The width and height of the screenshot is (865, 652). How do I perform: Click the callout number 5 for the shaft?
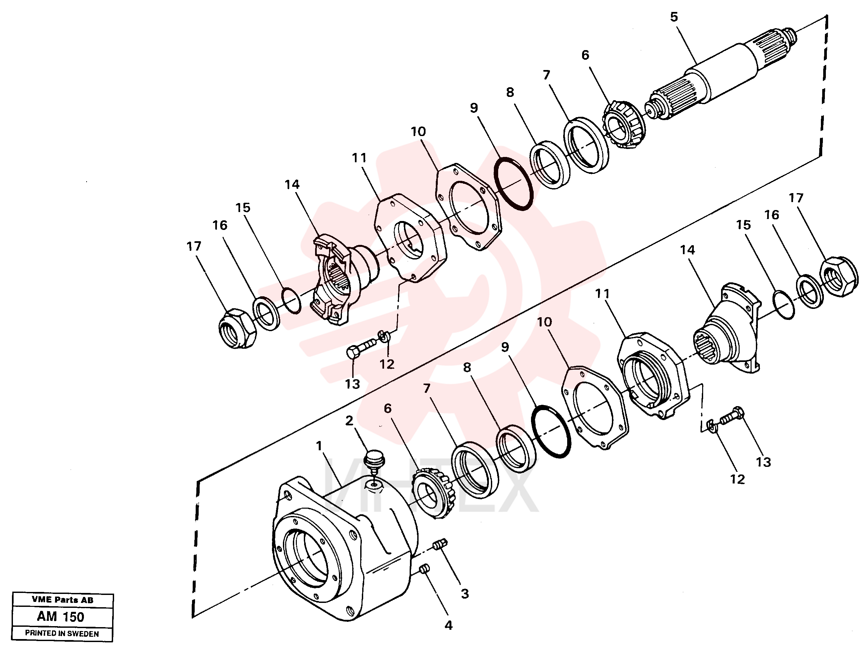point(674,17)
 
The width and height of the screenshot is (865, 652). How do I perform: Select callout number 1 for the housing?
point(319,446)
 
